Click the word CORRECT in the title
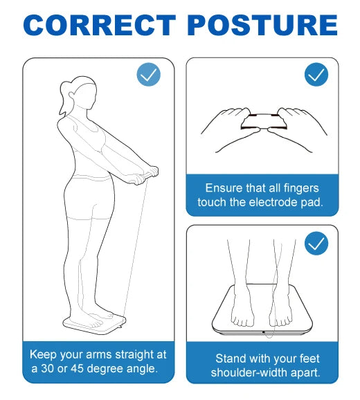99,25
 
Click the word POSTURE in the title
263,25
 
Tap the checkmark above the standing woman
148,75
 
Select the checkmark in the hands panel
316,75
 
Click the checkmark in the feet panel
316,244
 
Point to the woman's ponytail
64,98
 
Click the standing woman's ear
71,95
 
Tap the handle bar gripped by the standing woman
144,176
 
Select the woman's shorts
89,197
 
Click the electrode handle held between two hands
264,122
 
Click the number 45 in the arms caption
78,369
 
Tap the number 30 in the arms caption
48,369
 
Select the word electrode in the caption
273,202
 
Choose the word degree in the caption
105,369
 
